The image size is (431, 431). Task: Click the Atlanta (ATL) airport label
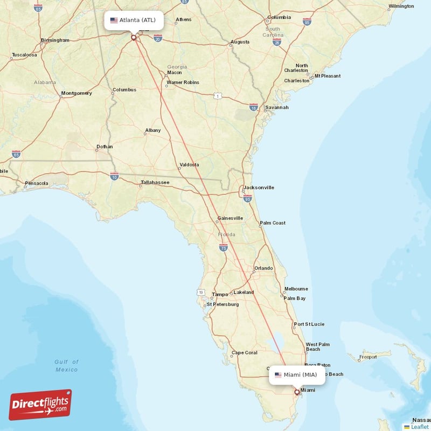point(133,20)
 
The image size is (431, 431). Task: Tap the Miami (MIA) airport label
point(297,374)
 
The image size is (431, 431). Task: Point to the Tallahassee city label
point(155,183)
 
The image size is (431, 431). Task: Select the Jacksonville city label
point(259,187)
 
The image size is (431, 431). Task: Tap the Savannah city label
point(276,107)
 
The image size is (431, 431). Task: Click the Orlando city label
point(263,268)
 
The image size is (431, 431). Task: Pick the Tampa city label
point(220,294)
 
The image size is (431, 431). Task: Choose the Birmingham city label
point(55,40)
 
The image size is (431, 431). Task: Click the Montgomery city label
point(77,93)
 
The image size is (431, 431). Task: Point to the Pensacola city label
point(36,183)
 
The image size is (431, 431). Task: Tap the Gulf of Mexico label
point(67,366)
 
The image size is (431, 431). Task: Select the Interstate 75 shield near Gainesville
point(224,247)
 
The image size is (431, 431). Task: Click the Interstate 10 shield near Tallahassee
point(114,176)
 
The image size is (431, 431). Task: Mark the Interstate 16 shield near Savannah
point(254,107)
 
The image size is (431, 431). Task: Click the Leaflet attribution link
point(419,427)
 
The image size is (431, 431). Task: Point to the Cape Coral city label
point(244,353)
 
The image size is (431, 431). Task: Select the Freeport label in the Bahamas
point(368,357)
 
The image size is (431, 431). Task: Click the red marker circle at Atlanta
point(134,38)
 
